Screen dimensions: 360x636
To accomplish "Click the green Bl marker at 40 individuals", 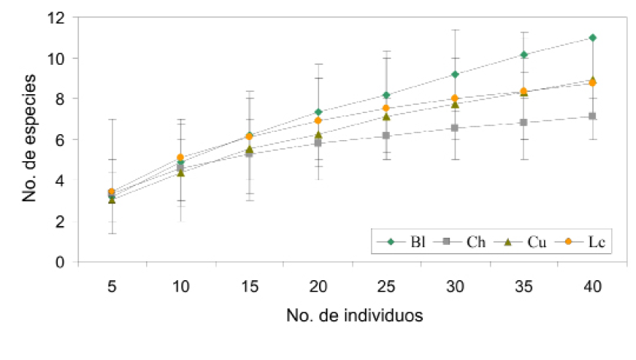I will coord(593,38).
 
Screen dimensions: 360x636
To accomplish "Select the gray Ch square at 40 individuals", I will coord(593,116).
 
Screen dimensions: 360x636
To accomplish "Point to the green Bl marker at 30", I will coord(455,74).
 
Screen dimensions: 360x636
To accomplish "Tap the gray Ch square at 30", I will coord(455,128).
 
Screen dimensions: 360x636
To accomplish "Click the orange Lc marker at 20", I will coord(318,121).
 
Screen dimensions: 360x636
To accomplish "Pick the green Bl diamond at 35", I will coord(524,54).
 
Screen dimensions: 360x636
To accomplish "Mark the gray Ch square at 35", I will coord(524,122).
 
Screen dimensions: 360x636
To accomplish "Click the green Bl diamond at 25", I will coord(387,95).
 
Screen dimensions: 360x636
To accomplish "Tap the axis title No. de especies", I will coord(31,140).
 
